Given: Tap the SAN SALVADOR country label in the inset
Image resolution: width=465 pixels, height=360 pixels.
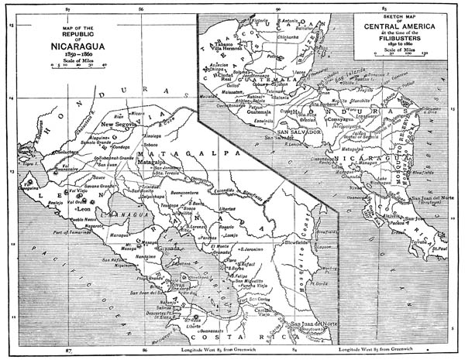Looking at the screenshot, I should pos(286,131).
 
